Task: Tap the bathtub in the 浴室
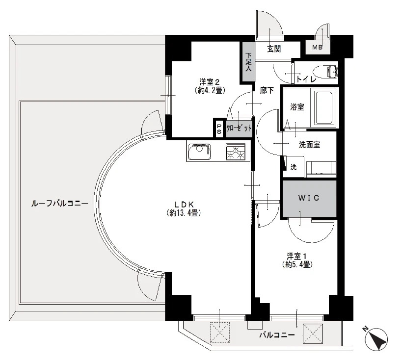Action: (325, 107)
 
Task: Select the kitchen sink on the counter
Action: (199, 152)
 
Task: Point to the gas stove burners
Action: (236, 152)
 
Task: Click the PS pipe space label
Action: (219, 129)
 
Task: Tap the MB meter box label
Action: (317, 48)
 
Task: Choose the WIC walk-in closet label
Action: (309, 198)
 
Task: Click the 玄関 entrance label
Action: (274, 49)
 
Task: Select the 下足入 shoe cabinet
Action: (248, 62)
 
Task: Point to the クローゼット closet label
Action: (239, 128)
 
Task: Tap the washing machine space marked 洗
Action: (294, 167)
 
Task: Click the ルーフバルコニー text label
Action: (59, 204)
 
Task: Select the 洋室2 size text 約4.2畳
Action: (210, 90)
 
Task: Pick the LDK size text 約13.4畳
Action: (184, 213)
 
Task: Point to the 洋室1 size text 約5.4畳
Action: (297, 264)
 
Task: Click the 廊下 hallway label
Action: (267, 90)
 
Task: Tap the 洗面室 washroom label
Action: (309, 145)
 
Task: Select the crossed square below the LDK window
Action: (220, 332)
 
